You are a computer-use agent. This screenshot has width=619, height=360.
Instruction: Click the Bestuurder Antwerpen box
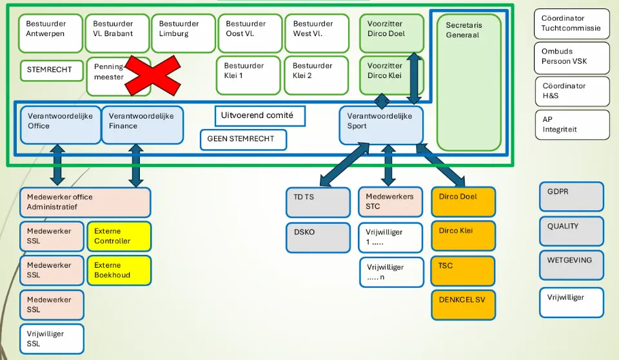point(50,33)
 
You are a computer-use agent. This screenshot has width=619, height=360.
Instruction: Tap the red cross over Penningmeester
point(152,75)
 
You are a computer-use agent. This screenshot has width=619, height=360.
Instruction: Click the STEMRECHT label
point(50,70)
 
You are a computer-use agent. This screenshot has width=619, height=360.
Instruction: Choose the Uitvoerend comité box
point(259,116)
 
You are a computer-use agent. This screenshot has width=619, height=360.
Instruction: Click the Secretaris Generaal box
point(469,82)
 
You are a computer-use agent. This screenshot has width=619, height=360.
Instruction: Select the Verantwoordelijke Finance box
point(142,125)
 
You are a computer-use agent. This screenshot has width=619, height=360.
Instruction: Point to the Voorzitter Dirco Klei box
point(391,75)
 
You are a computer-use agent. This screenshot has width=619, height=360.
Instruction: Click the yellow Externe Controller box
point(119,236)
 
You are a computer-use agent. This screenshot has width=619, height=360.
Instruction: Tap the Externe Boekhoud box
point(119,270)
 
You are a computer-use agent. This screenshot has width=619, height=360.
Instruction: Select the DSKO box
point(318,237)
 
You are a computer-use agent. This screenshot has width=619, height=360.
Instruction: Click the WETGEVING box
point(571,265)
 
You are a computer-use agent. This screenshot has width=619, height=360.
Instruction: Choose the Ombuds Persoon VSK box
point(571,57)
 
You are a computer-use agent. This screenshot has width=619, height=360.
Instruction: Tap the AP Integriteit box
point(571,125)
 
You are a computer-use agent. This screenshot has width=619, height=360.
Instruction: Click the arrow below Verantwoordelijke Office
point(57,166)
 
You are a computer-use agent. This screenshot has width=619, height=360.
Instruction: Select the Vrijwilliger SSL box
point(52,339)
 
